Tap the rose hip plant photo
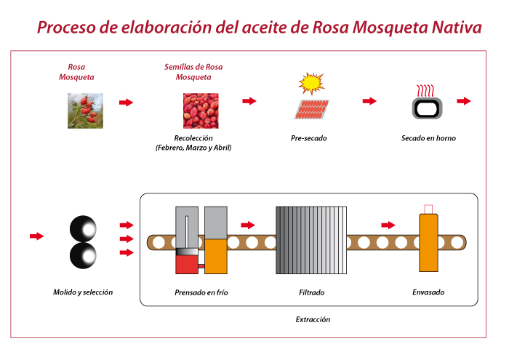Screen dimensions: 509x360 click(x=85, y=111)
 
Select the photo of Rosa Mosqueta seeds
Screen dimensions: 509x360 click(x=201, y=111)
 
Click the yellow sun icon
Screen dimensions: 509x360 click(x=311, y=84)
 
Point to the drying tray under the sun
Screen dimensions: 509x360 click(x=312, y=109)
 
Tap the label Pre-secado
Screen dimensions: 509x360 click(x=309, y=138)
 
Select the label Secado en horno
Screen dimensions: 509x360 click(x=428, y=138)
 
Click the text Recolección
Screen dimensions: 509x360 click(x=193, y=138)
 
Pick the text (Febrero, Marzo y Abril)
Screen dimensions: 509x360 click(x=193, y=148)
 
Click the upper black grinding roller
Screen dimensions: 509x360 click(x=83, y=229)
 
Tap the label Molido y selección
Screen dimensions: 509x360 click(x=83, y=292)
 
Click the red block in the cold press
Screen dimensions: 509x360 click(x=187, y=264)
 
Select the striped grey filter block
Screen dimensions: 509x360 click(x=311, y=240)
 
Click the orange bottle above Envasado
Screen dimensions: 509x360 click(x=428, y=242)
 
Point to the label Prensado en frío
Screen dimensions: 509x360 click(x=201, y=292)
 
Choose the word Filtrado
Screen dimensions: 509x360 click(x=312, y=292)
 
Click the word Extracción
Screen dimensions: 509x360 click(x=313, y=319)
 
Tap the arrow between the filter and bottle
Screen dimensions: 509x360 click(x=388, y=225)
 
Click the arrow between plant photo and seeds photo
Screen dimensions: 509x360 click(x=127, y=103)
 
